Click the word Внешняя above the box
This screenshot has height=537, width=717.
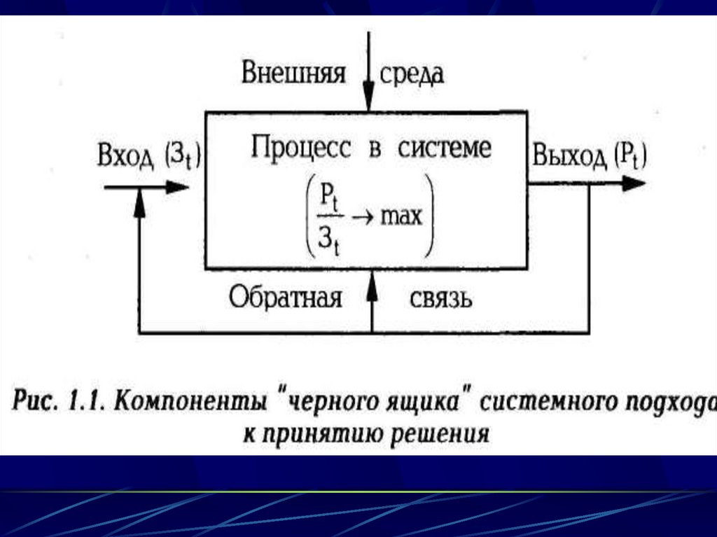click(293, 73)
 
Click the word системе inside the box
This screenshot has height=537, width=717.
click(440, 148)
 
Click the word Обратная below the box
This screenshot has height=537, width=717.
click(286, 298)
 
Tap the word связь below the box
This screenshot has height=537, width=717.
click(440, 300)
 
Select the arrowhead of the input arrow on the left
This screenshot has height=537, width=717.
click(178, 187)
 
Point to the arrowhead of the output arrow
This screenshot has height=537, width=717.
click(633, 184)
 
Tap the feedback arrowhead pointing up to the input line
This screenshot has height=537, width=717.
click(139, 200)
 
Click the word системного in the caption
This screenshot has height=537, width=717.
click(543, 404)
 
